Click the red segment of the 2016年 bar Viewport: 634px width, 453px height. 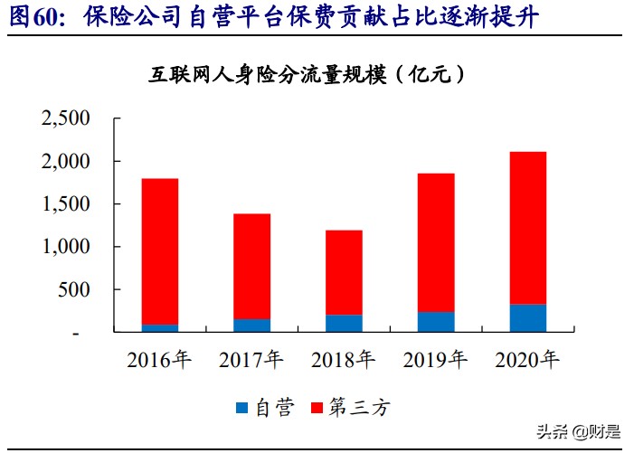[159, 251]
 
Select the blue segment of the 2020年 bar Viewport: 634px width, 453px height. [527, 317]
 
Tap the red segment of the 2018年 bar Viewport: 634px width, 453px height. [343, 272]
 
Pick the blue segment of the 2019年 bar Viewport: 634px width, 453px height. [435, 322]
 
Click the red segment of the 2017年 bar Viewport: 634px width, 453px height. [251, 266]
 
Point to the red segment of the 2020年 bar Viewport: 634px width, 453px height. [527, 228]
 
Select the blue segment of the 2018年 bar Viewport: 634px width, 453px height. [343, 323]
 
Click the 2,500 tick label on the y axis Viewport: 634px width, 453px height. [66, 118]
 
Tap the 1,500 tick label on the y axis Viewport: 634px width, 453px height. [66, 204]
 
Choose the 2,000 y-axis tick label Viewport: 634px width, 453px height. [66, 161]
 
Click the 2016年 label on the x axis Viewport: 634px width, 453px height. [159, 360]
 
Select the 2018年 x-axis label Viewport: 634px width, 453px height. [343, 360]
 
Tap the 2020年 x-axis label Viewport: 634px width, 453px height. [527, 360]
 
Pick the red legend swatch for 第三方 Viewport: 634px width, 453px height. [317, 408]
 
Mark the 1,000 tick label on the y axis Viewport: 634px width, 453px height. [66, 247]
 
